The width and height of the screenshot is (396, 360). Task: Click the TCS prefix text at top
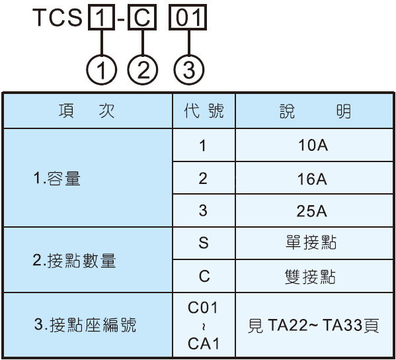coord(58,17)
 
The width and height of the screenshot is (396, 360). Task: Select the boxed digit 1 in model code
coord(101,17)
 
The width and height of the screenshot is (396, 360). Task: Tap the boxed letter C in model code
coord(142,17)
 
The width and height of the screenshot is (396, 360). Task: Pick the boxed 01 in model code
coord(188,17)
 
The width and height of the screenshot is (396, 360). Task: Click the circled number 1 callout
coord(102,69)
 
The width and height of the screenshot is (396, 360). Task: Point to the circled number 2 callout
coord(143,69)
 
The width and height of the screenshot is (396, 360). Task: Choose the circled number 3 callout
coord(189,69)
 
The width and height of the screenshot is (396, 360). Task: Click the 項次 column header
coord(87,111)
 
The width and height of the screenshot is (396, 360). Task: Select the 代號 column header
coord(204,111)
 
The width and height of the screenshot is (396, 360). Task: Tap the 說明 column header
coord(315,111)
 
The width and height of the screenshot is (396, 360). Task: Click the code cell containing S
coord(204,243)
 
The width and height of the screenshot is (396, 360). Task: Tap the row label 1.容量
coord(57,178)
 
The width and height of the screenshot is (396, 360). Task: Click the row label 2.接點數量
coord(74,261)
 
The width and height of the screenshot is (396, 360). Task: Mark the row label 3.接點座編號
coord(85,325)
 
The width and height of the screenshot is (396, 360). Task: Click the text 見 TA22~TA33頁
coord(313,326)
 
